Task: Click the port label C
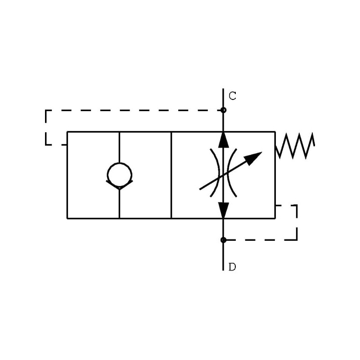tap(232, 96)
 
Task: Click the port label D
tap(232, 267)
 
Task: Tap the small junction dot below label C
tap(223, 110)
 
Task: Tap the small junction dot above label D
tap(223, 240)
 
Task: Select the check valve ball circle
tap(119, 175)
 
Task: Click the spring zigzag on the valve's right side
tap(295, 146)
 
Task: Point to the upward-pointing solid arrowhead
tap(223, 139)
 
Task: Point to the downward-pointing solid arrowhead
tap(223, 210)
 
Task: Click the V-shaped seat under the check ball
tap(119, 184)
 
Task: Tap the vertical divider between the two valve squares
tap(171, 175)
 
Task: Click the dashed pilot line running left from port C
tap(135, 110)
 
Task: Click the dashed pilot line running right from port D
tap(261, 240)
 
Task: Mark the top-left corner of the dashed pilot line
tap(46, 110)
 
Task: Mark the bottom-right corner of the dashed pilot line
tap(297, 239)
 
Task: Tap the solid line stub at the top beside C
tap(223, 98)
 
